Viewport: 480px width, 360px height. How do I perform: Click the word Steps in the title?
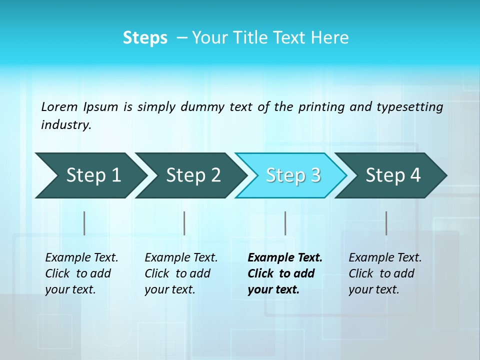coord(145,38)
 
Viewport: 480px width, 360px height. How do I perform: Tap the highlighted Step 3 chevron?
coord(293,175)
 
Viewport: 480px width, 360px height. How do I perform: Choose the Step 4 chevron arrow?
coord(393,175)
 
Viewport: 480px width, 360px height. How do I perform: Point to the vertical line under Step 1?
coord(84,223)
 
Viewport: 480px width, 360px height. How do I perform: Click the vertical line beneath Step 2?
coord(184,223)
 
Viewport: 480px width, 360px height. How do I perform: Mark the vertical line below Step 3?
coord(285,223)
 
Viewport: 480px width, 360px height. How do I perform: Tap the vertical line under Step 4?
coord(386,223)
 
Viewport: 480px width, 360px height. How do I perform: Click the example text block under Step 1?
coord(81,273)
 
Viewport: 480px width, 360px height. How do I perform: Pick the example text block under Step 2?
coord(181,273)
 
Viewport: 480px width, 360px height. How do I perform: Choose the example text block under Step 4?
coord(385,273)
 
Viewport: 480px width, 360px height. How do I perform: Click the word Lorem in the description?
coord(59,107)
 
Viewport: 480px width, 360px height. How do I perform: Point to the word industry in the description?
coord(66,125)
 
